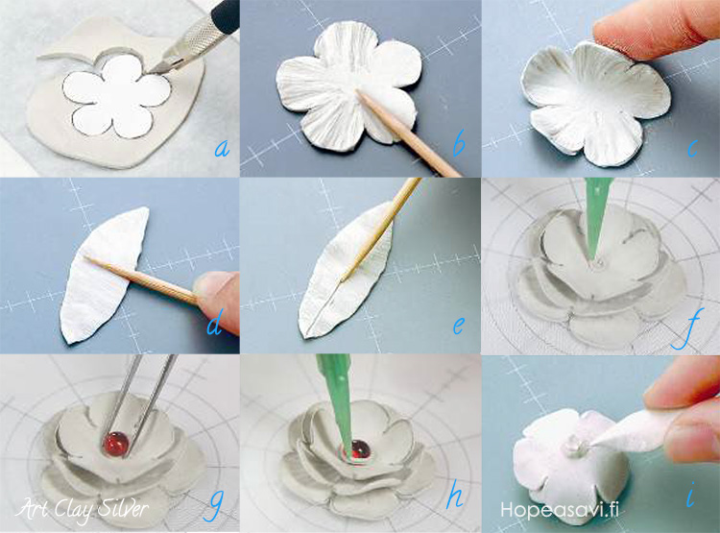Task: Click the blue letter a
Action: (222, 149)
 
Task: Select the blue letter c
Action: (693, 148)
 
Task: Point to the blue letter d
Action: (215, 322)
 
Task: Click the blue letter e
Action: (458, 326)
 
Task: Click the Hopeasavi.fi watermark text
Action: (560, 510)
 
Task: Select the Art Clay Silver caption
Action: (83, 510)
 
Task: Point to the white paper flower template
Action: (116, 96)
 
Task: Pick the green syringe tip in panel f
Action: (596, 217)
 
